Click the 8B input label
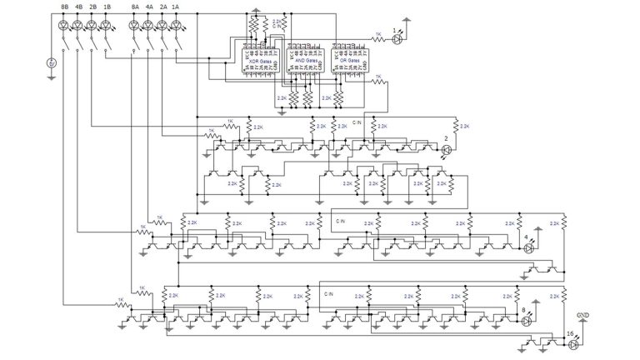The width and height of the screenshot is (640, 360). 65,7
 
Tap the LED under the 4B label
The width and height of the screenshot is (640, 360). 77,25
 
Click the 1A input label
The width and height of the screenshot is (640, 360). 176,7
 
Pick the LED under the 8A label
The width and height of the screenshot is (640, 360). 134,25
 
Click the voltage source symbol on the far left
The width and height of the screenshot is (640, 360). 51,63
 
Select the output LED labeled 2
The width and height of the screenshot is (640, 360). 446,149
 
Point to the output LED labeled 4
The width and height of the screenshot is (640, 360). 527,247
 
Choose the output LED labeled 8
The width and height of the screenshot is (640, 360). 527,320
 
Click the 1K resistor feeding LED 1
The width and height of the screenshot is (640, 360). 377,37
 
